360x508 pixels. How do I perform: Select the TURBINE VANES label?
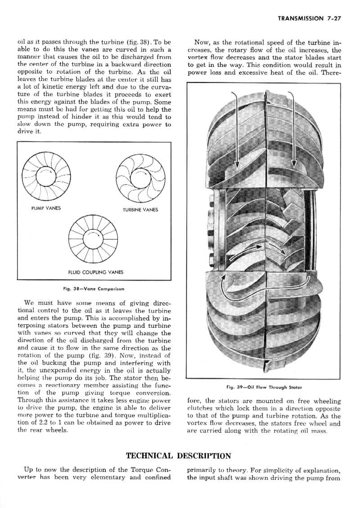click(140, 210)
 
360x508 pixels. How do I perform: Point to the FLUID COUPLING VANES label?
click(95, 272)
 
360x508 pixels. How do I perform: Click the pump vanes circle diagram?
click(44, 177)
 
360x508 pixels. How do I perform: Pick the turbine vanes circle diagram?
click(140, 178)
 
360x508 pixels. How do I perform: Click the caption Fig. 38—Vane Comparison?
click(94, 288)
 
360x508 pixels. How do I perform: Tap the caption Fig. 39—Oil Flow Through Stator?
click(264, 387)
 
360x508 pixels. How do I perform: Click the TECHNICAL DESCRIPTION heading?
click(179, 456)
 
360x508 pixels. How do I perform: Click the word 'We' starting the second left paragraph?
click(30, 303)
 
